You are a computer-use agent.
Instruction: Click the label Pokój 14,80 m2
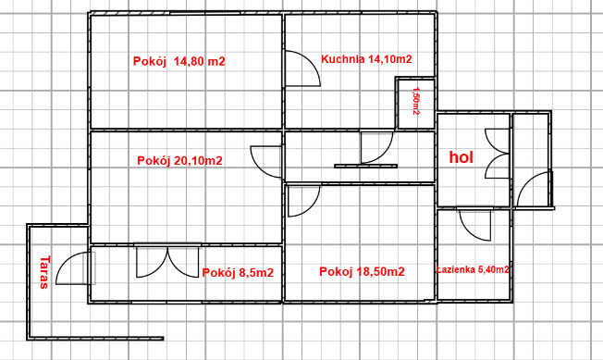pos(179,61)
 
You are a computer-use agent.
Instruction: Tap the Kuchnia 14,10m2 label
pos(366,59)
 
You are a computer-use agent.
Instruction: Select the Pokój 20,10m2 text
pos(179,161)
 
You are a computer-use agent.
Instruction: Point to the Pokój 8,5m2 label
pos(238,273)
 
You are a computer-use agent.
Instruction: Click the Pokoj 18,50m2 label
pos(362,271)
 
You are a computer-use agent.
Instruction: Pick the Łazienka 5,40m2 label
pos(474,269)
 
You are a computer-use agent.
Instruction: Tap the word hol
pos(461,157)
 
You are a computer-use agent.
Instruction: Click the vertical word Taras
pos(44,272)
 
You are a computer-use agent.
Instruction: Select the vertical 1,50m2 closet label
pos(415,100)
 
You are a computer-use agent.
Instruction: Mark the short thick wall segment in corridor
pos(365,167)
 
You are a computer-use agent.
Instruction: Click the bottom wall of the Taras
pos(95,339)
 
